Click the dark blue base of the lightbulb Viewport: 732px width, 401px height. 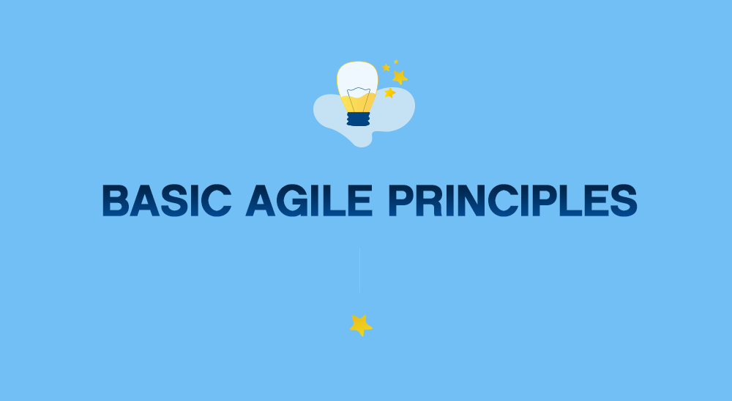(358, 119)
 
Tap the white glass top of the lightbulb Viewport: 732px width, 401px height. (357, 76)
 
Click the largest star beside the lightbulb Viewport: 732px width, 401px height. (399, 76)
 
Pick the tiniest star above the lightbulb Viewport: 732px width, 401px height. (396, 62)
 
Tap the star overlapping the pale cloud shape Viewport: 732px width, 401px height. (389, 93)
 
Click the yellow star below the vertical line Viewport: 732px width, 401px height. (360, 324)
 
